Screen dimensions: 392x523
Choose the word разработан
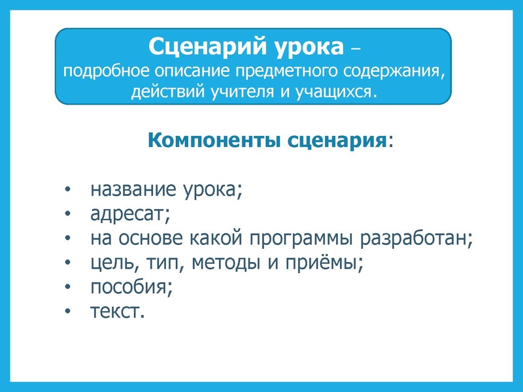[x=418, y=238]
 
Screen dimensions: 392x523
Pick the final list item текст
[x=116, y=311]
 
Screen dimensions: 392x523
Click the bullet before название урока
[x=69, y=191]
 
